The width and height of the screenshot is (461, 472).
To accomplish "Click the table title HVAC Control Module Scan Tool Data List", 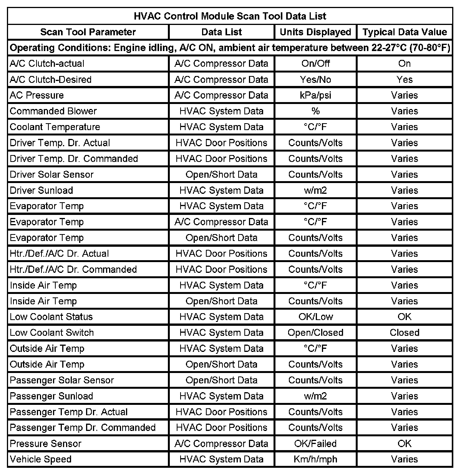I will [x=230, y=16].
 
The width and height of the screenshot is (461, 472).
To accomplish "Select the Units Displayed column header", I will [x=315, y=32].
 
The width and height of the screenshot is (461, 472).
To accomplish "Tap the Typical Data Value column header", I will [x=405, y=32].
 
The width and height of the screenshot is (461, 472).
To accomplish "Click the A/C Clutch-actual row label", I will [x=47, y=63].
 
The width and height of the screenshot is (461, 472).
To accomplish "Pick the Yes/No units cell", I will [x=315, y=79].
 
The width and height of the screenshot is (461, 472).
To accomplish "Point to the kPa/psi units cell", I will [x=315, y=95].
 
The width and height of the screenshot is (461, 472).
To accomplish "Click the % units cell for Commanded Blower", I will [x=315, y=111].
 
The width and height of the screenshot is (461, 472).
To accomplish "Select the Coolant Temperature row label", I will [x=55, y=127].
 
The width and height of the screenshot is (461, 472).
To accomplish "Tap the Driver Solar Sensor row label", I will [x=51, y=175].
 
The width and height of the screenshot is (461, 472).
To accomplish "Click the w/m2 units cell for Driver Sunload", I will [x=315, y=190].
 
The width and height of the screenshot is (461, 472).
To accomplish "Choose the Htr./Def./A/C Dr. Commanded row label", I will [x=73, y=269].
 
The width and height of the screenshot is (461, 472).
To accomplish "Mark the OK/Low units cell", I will [x=315, y=317].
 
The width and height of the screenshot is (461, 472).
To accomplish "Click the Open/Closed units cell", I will [x=315, y=333].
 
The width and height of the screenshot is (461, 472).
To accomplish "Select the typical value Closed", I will [x=405, y=333].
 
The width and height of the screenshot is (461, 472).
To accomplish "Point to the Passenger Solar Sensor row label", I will [x=62, y=380].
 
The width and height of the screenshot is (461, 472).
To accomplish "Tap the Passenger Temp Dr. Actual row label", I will [x=69, y=412].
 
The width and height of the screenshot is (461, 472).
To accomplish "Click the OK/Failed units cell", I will [x=315, y=444].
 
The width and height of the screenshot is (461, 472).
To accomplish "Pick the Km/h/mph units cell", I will [x=315, y=459].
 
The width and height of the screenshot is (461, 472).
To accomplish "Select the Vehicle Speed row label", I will [x=41, y=459].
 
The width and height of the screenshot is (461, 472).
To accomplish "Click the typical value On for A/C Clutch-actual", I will [x=405, y=63].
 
